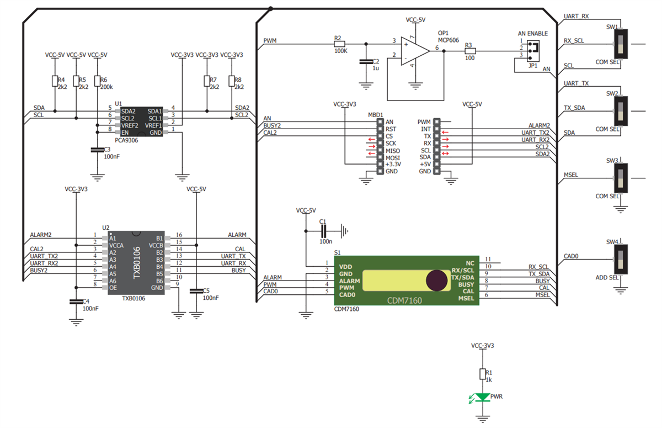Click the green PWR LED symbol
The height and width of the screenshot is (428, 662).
[x=483, y=397]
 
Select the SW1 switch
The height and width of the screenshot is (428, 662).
[x=622, y=44]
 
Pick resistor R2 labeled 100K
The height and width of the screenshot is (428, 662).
[x=339, y=43]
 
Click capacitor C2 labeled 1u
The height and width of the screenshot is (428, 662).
[x=364, y=62]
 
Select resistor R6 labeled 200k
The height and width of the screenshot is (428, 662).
[x=97, y=81]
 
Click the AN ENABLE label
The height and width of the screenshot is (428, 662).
[x=532, y=33]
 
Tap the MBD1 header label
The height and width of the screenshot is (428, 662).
[x=376, y=115]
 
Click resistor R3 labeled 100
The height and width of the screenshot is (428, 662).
[x=469, y=51]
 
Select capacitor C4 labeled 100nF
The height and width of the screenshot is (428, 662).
[x=76, y=302]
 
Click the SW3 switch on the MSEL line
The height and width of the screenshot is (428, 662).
[x=622, y=178]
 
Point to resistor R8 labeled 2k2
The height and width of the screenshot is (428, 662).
[x=231, y=81]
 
